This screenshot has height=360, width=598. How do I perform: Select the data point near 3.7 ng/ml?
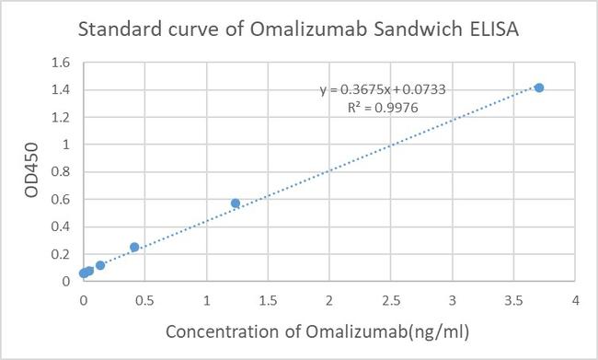click(x=539, y=87)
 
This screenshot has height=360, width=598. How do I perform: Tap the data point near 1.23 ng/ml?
click(x=236, y=203)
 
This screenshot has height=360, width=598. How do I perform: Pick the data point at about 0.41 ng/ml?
click(x=134, y=247)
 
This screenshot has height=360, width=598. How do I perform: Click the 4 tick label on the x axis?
click(x=575, y=300)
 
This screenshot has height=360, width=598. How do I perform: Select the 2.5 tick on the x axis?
click(x=391, y=300)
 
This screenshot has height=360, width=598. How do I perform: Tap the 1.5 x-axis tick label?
click(x=268, y=300)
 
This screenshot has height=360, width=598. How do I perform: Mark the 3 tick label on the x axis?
click(x=452, y=300)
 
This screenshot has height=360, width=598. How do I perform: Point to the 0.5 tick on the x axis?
click(x=145, y=300)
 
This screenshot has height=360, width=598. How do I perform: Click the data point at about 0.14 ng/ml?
click(x=100, y=265)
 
